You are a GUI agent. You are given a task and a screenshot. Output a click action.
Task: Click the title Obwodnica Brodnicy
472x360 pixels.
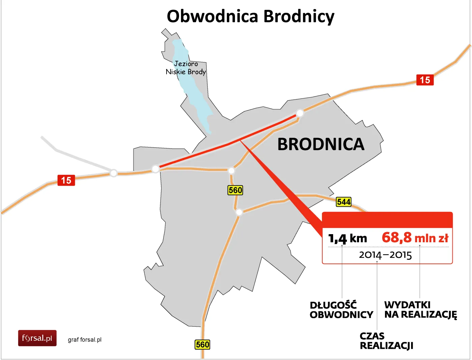click(250, 16)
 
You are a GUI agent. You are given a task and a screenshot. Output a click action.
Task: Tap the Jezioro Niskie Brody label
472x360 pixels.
click(186, 67)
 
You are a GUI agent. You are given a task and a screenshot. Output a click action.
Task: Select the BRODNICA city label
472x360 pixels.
click(321, 144)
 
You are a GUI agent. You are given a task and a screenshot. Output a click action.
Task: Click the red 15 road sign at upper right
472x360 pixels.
click(425, 80)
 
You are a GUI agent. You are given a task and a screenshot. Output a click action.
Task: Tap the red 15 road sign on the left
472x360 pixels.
click(66, 180)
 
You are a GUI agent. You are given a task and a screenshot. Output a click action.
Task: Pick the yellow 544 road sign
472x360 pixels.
click(344, 202)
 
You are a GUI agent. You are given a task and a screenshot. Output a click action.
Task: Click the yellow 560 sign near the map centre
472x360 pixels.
click(235, 190)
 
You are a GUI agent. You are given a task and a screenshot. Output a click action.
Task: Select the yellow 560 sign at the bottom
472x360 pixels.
click(202, 344)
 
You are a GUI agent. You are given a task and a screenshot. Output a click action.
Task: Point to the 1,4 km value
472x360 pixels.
click(348, 238)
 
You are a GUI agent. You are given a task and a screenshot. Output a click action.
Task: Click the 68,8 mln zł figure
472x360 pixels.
click(415, 238)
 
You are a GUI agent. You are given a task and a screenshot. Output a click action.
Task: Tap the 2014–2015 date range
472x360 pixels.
click(385, 255)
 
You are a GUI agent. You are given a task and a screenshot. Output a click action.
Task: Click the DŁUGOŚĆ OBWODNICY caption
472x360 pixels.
click(341, 310)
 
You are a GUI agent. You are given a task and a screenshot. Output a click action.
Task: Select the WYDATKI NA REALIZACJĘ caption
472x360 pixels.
click(420, 310)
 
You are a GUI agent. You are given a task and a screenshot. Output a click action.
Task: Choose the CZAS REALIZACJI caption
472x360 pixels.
click(386, 341)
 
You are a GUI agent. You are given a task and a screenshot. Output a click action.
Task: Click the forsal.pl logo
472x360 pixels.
click(37, 338)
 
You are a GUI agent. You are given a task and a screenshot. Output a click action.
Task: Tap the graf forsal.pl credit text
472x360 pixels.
click(85, 340)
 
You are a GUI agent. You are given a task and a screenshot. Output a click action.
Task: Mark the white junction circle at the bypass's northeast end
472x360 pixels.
click(299, 113)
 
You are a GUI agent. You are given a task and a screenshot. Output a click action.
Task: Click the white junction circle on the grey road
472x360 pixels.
click(114, 173)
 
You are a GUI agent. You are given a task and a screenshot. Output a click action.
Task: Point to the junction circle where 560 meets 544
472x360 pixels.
click(239, 212)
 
